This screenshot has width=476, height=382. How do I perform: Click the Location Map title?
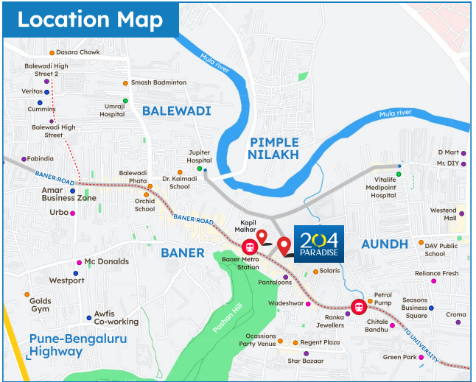click(x=90, y=20)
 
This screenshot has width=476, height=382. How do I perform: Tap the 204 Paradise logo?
click(x=319, y=244)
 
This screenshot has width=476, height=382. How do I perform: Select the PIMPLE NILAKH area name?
click(x=273, y=148)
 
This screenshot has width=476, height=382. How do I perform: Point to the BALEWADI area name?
click(x=177, y=111)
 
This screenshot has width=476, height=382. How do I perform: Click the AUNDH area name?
click(x=384, y=244)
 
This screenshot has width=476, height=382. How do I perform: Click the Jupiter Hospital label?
click(x=200, y=156)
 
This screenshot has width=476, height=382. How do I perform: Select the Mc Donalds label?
click(x=106, y=261)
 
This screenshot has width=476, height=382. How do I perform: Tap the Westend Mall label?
click(x=444, y=214)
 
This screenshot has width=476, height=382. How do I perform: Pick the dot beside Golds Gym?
click(x=27, y=295)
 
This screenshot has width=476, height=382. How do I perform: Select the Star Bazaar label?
click(x=305, y=361)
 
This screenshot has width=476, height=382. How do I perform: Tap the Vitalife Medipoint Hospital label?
click(x=385, y=188)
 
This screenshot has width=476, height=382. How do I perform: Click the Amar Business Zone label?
click(x=69, y=194)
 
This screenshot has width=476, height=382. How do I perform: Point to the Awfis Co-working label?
click(x=116, y=317)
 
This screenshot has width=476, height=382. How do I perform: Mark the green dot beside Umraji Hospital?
click(x=125, y=100)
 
